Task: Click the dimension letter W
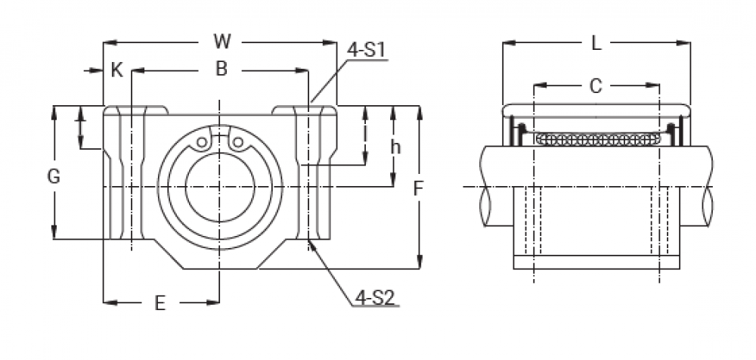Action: point(222,42)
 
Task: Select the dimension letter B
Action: point(221,70)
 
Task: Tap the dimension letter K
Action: point(116,70)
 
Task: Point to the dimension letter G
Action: point(54,177)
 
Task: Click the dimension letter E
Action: point(160,303)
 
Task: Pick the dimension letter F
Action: point(417,189)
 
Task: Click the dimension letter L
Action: point(596,44)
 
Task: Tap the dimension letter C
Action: point(596,85)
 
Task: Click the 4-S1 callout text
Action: point(367,51)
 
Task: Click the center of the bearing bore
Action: point(219,186)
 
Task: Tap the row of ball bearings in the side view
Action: point(596,138)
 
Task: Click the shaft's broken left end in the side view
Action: point(484,186)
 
